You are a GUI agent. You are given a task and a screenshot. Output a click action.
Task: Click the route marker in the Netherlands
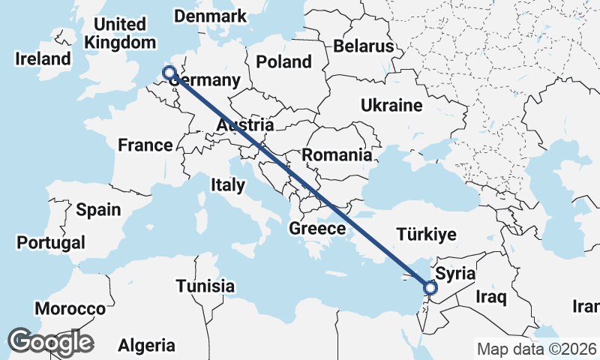pos(169,73)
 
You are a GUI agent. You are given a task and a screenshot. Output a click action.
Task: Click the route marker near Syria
pos(430,286)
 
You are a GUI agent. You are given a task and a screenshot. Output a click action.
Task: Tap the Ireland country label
pos(46,58)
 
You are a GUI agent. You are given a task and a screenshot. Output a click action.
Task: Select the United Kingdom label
pos(115,33)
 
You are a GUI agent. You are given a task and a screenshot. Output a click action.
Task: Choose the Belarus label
pos(364,46)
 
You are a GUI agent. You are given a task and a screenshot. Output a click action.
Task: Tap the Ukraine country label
pos(391,106)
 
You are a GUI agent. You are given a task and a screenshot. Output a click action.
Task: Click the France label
pos(145,145)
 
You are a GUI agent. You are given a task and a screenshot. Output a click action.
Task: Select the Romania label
pos(337,155)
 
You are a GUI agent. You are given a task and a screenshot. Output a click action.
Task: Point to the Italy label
pos(227,184)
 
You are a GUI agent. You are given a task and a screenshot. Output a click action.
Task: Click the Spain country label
pos(98,209)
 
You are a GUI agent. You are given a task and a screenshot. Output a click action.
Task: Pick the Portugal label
pos(50,243)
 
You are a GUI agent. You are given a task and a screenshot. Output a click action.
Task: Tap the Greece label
pos(317,229)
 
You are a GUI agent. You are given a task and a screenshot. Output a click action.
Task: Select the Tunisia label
pos(205,286)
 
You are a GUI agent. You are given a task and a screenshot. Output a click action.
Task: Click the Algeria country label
pos(146,346)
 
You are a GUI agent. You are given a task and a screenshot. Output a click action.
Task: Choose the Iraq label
pos(491,297)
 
